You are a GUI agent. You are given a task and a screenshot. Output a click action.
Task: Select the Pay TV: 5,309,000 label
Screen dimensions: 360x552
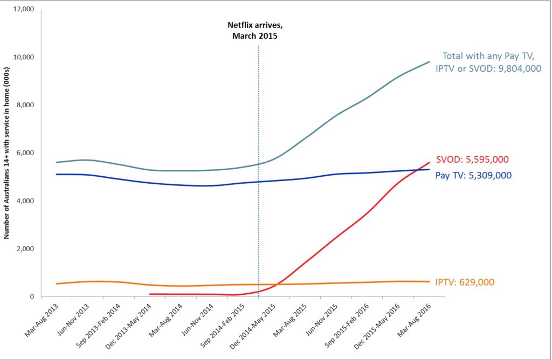point(473,175)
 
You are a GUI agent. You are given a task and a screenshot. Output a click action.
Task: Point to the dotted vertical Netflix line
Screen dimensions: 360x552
point(259,162)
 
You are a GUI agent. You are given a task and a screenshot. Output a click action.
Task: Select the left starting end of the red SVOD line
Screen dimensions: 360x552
point(150,294)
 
